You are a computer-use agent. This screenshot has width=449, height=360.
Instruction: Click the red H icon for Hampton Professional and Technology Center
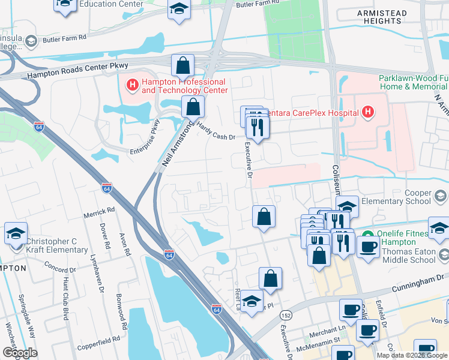pos(132,86)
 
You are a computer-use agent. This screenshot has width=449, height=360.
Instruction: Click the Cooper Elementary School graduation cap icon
pos(441,197)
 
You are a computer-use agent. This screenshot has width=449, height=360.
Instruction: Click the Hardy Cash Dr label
pos(216,132)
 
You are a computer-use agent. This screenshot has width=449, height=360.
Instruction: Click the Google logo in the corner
pos(20,352)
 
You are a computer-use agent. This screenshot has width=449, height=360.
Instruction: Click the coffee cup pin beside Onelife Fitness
pos(367,245)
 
